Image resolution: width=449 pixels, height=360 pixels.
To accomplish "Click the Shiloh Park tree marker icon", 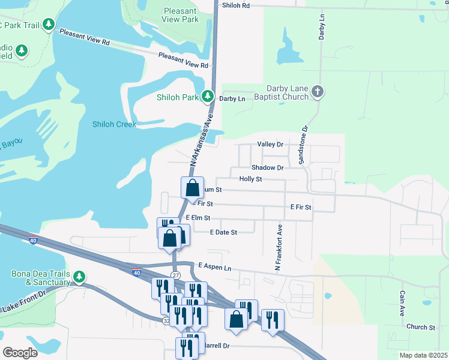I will point(208,96).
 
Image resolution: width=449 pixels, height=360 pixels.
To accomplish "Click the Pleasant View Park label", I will point(180,15).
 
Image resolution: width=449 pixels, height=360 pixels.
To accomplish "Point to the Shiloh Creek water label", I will point(114,124).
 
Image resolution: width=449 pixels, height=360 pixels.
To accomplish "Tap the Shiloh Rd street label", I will point(235,5).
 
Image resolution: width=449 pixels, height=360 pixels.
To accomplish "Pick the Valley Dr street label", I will point(270,145).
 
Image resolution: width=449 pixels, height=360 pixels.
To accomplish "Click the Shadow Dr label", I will point(267,168).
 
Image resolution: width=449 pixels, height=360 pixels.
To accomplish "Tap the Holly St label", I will point(250,179).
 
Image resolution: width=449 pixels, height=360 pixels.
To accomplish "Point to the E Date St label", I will point(224,232).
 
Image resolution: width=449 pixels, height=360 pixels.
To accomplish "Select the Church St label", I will point(420,327).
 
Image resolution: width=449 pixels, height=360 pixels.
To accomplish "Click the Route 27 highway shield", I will point(175,275).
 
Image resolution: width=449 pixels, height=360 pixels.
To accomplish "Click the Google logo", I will point(20,352).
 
